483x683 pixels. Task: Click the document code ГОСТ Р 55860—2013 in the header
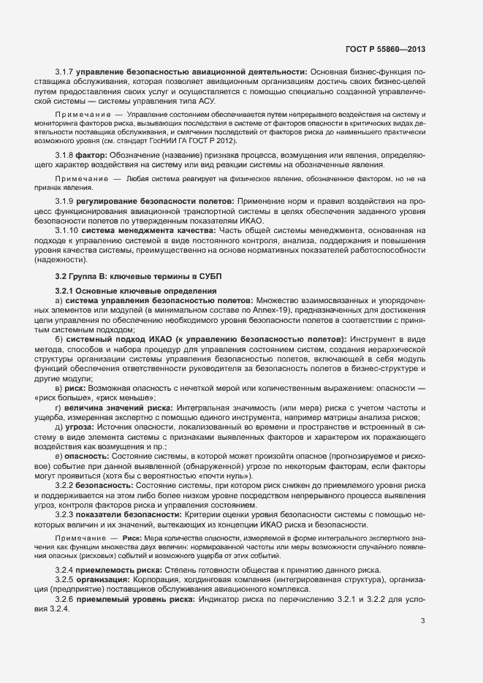[x=385, y=49]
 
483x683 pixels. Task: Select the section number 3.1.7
[x=66, y=72]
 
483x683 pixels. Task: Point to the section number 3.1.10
[x=68, y=230]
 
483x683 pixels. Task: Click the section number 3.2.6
[x=66, y=599]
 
